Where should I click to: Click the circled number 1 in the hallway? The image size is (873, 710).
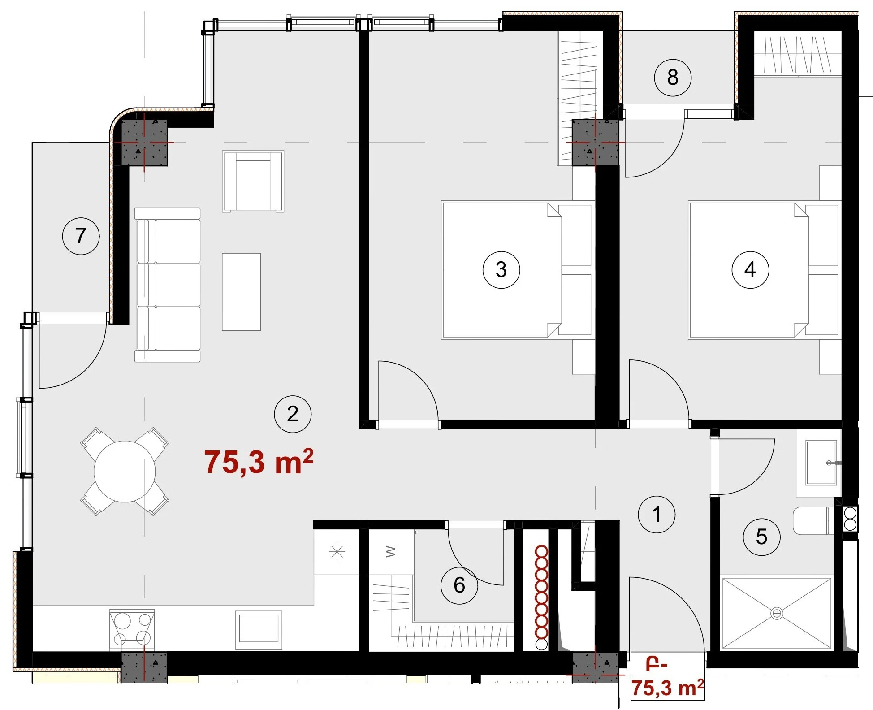(656, 514)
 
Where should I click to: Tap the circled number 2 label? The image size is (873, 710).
(293, 414)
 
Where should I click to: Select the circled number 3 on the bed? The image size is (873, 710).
(501, 269)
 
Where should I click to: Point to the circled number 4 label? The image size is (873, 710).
(750, 269)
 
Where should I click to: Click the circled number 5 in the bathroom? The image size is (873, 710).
(761, 537)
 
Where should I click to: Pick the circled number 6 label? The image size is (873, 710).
(459, 585)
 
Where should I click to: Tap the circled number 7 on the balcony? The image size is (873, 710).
(81, 236)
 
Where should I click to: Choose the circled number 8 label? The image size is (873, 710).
(673, 78)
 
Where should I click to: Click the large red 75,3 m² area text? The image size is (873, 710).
(259, 462)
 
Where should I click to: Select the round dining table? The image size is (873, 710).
(125, 471)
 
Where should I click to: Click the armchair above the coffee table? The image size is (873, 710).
(253, 181)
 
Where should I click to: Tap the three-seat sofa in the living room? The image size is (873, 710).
(168, 285)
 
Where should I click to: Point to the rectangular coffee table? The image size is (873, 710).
(242, 292)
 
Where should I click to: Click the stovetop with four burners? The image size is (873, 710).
(132, 630)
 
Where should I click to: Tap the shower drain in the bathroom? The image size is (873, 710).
(777, 613)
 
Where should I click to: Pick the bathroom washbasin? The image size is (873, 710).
(821, 463)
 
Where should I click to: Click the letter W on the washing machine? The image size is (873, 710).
(391, 551)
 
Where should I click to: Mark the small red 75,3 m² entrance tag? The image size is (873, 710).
(667, 679)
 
